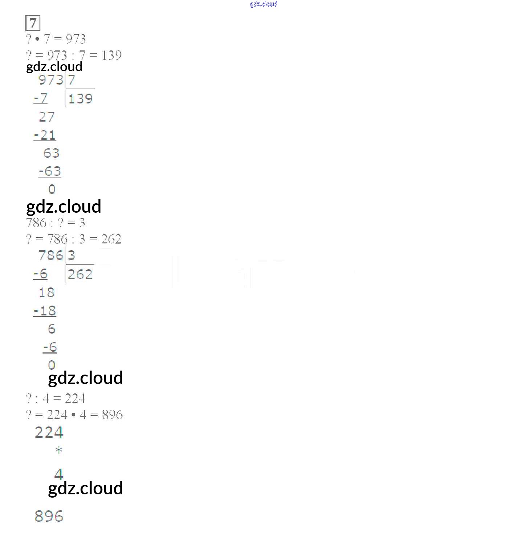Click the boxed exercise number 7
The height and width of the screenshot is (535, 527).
click(33, 23)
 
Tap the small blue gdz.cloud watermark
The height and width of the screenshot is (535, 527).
click(263, 4)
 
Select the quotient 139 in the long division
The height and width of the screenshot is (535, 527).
click(80, 99)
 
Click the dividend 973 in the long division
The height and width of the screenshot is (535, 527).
click(51, 80)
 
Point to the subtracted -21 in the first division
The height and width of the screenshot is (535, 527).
click(45, 135)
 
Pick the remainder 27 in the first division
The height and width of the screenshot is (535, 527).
click(47, 117)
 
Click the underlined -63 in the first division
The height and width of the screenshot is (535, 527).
click(50, 171)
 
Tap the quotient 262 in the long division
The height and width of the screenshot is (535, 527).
click(80, 274)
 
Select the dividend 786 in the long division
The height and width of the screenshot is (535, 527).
click(51, 256)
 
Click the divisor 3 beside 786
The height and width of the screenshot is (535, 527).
click(72, 256)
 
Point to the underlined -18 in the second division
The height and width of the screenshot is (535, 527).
click(45, 311)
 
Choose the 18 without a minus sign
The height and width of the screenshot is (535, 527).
click(47, 293)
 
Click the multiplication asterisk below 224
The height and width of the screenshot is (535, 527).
click(59, 450)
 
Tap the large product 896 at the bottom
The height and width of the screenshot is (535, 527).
click(49, 516)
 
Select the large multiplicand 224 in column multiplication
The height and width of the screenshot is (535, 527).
click(49, 432)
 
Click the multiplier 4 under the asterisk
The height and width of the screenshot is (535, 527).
click(59, 474)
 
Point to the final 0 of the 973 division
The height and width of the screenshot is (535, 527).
click(52, 189)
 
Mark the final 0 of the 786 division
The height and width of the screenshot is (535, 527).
click(52, 365)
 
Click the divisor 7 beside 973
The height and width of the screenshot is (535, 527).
click(72, 80)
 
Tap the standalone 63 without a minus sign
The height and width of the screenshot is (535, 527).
click(52, 153)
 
